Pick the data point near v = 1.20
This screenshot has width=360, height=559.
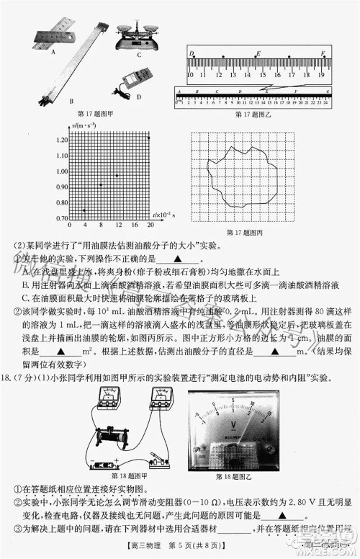coord(148,138)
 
